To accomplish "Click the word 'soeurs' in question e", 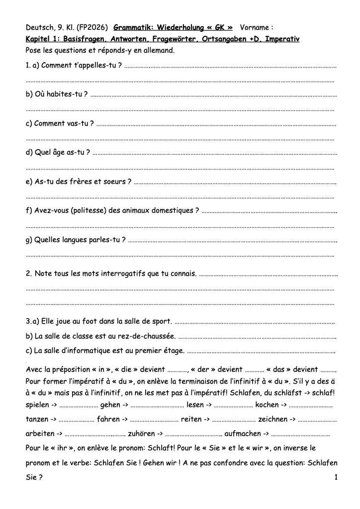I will point(115,181).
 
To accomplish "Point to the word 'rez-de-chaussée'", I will point(148,336).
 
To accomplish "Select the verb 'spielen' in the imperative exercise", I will point(37,405).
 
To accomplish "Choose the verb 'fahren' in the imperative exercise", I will point(108,419).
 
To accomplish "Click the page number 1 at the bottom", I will point(336,477).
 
